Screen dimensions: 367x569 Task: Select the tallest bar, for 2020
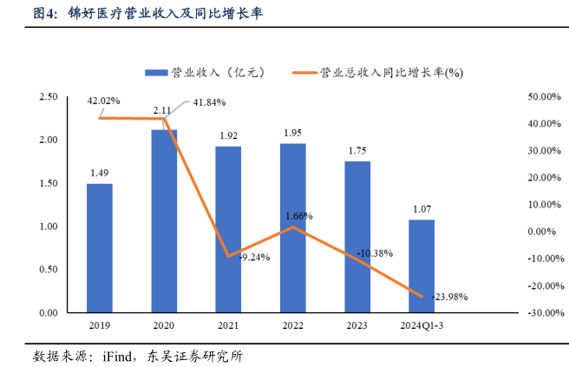coord(164,220)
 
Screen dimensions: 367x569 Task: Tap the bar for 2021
coord(228,229)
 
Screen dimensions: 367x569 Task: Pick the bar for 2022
coord(292,227)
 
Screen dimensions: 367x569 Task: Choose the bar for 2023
coord(356,236)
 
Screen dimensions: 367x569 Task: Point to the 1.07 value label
coord(422,209)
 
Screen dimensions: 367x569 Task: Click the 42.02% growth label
coord(103,101)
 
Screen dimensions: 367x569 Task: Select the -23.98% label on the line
coord(449,297)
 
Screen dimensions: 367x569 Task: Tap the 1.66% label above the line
coord(298,215)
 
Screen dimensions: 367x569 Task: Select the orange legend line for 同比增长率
coord(304,72)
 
